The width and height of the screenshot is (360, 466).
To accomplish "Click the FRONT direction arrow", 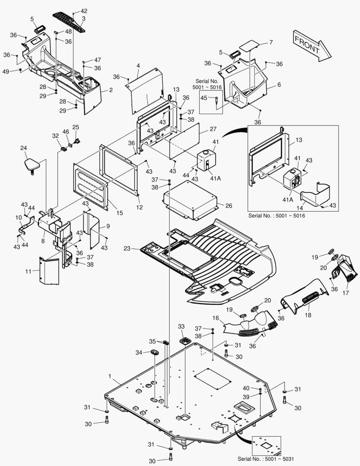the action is (x=312, y=46).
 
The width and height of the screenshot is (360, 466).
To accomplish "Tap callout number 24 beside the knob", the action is (x=23, y=148).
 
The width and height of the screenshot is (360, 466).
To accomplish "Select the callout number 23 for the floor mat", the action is (x=127, y=248).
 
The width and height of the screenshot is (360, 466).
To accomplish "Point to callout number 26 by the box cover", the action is (x=229, y=206).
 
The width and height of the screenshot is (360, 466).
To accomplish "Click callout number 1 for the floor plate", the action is (x=110, y=376).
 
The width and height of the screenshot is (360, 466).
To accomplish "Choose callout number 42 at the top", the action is (x=84, y=11).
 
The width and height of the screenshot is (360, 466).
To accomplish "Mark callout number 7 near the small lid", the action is (x=271, y=42).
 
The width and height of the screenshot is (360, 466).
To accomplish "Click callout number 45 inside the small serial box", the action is (x=204, y=98).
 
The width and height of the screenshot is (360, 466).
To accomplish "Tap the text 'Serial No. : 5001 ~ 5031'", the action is (x=266, y=459).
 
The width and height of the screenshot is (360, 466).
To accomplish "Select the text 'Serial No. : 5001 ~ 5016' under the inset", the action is (x=276, y=215).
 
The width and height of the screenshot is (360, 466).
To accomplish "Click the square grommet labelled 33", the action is (x=185, y=340).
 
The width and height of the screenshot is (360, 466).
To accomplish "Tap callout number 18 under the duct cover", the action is (x=308, y=315).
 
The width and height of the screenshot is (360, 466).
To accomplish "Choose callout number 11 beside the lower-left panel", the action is (x=28, y=271).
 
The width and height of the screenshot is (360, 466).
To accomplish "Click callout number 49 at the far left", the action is (x=6, y=72).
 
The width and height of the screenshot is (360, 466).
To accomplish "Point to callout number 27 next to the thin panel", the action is (x=213, y=129).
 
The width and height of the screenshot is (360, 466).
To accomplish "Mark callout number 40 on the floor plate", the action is (x=246, y=388).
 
